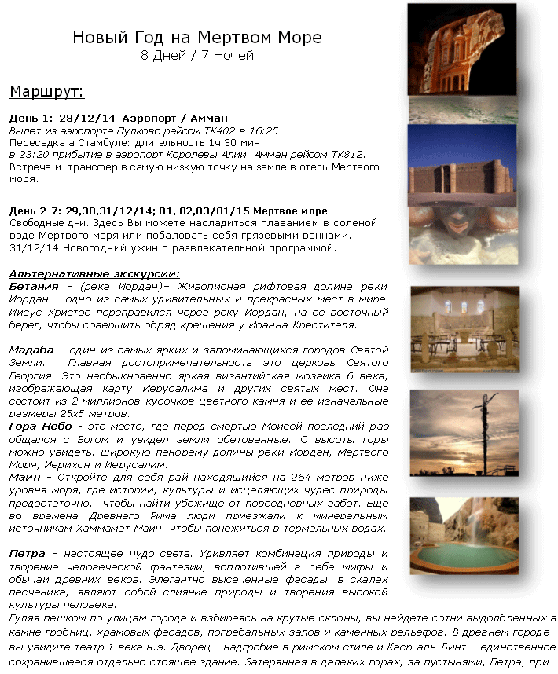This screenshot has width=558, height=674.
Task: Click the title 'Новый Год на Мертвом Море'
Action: pyautogui.click(x=196, y=38)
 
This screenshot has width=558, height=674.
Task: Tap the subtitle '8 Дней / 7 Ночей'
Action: pyautogui.click(x=196, y=56)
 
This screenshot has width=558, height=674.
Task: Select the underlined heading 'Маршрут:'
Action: pyautogui.click(x=46, y=92)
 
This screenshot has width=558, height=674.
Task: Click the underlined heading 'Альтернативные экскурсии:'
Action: pyautogui.click(x=94, y=273)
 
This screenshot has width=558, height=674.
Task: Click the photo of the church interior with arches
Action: pyautogui.click(x=464, y=329)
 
